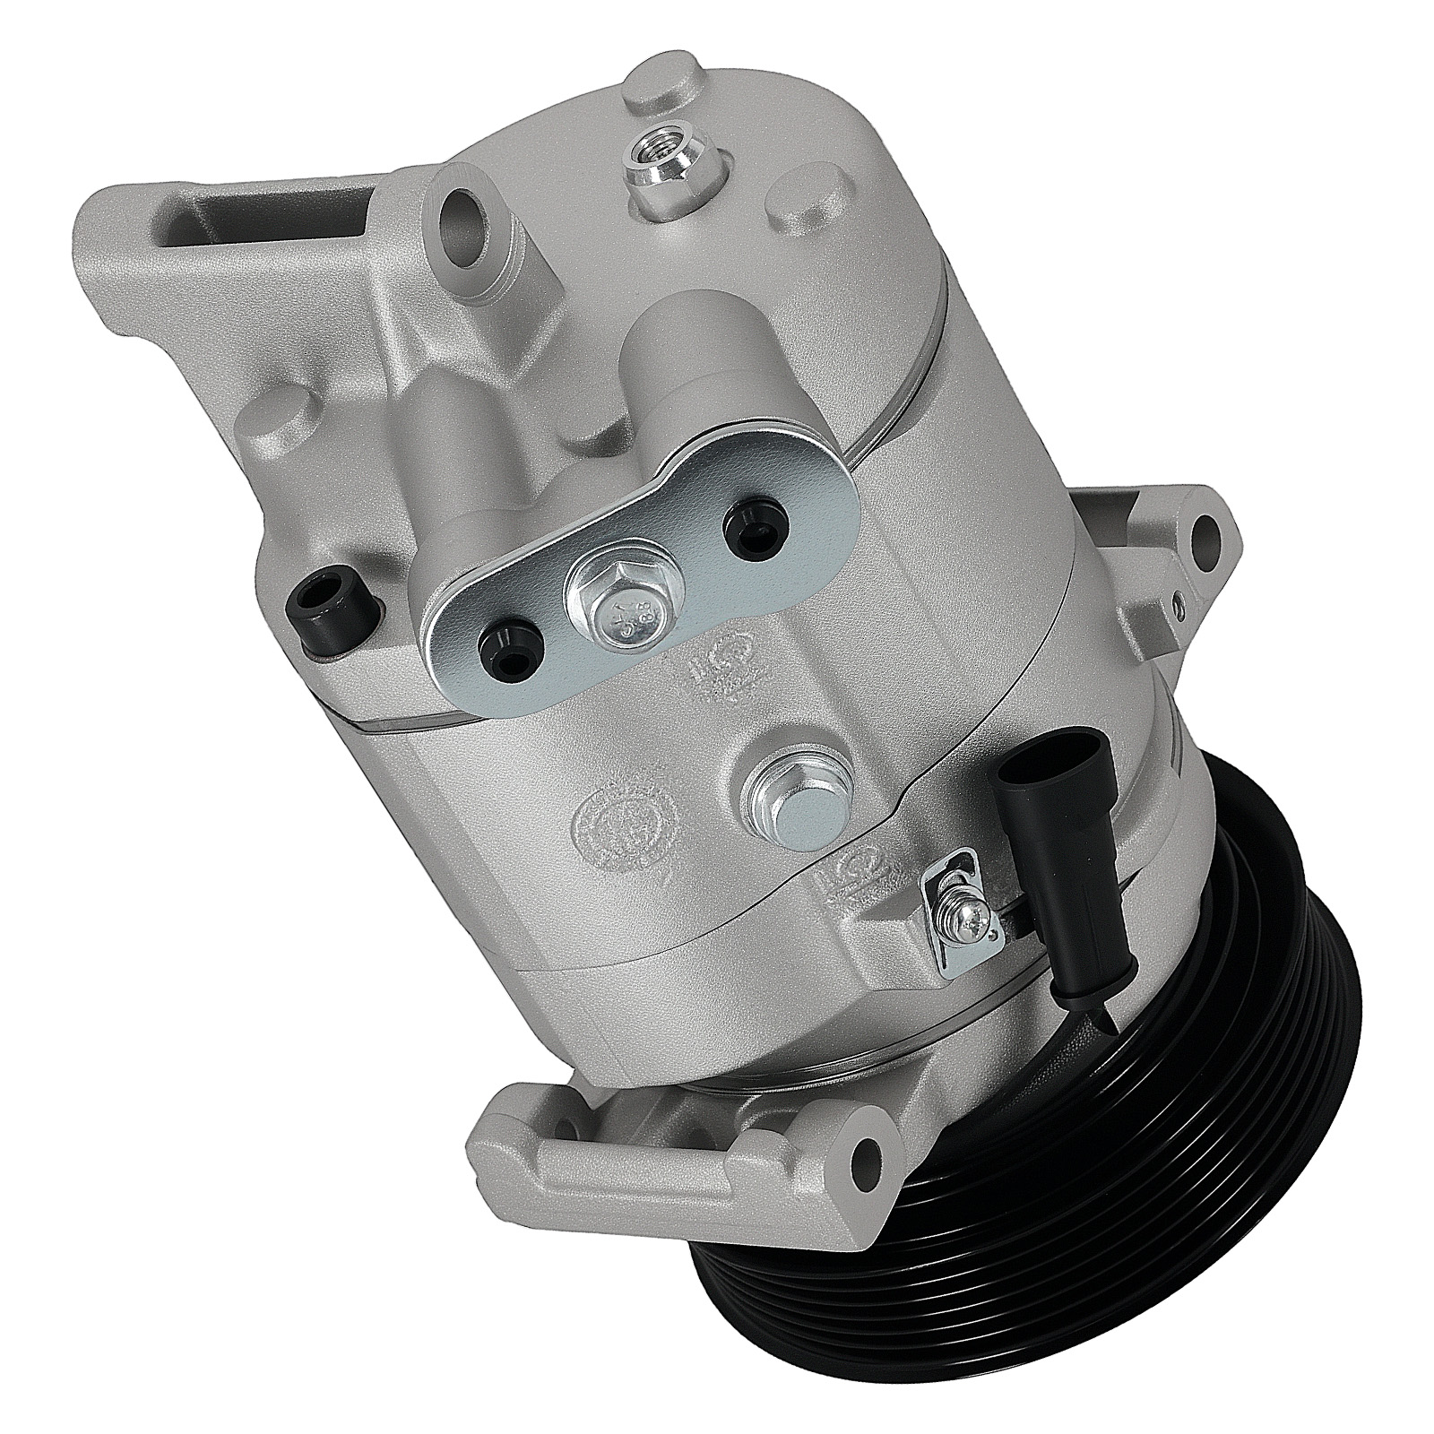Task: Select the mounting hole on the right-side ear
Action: point(1206,538)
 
